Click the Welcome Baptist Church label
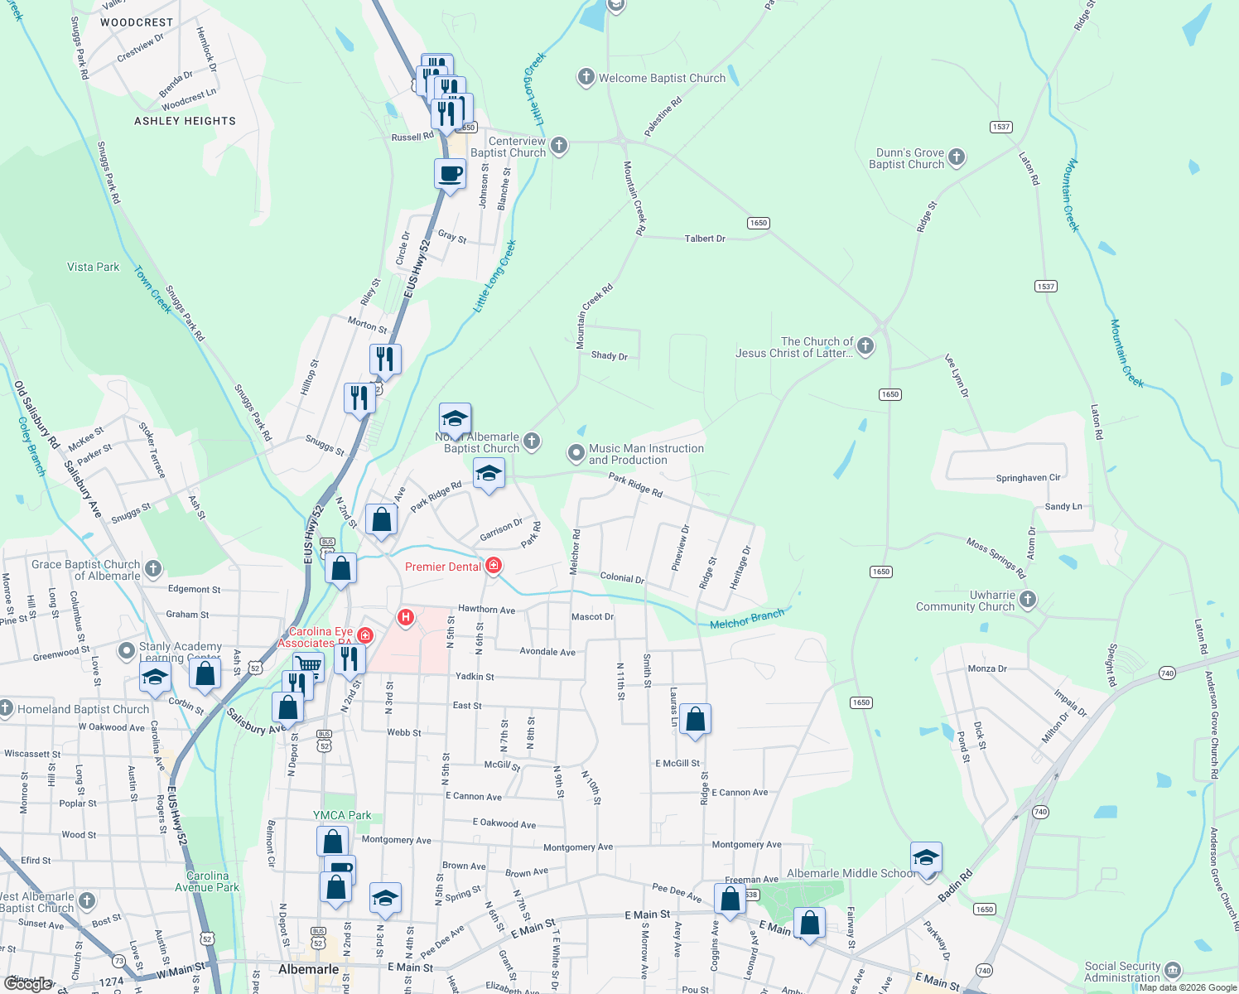[x=662, y=78]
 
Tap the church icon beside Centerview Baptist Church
[x=559, y=147]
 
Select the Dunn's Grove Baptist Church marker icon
[x=957, y=157]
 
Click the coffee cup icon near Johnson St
[x=450, y=175]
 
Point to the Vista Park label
[x=94, y=267]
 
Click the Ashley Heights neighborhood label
[x=185, y=121]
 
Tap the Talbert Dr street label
[x=705, y=239]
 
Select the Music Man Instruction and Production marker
[x=576, y=453]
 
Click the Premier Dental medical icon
[x=494, y=566]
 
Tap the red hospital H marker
[x=406, y=616]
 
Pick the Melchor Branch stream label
[x=747, y=619]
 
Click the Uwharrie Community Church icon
[x=1028, y=600]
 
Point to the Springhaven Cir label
[x=1028, y=478]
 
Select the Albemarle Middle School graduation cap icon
[x=926, y=857]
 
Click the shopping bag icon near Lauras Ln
[x=696, y=719]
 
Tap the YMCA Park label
[x=342, y=815]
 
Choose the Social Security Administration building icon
[x=1172, y=971]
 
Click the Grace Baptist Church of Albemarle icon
[x=153, y=568]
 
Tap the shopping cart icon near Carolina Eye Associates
[x=308, y=664]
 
